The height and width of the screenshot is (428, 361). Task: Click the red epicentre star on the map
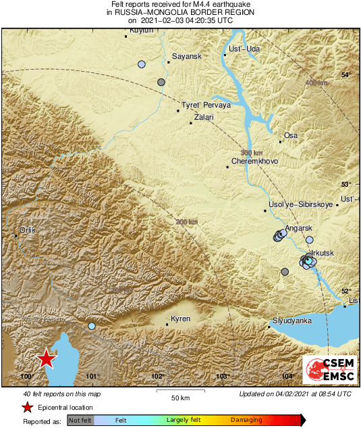46,359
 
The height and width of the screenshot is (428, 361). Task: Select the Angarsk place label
299,229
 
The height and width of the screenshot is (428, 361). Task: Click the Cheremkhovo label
254,162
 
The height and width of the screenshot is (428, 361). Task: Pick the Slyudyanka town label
291,320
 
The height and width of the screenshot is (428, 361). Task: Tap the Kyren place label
181,318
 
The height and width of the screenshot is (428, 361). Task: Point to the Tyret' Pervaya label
206,106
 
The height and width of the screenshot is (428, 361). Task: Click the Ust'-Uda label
244,49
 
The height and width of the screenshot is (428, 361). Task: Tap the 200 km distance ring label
187,222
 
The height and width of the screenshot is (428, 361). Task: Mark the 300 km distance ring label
251,153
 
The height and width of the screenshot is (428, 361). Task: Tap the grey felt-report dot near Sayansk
161,82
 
